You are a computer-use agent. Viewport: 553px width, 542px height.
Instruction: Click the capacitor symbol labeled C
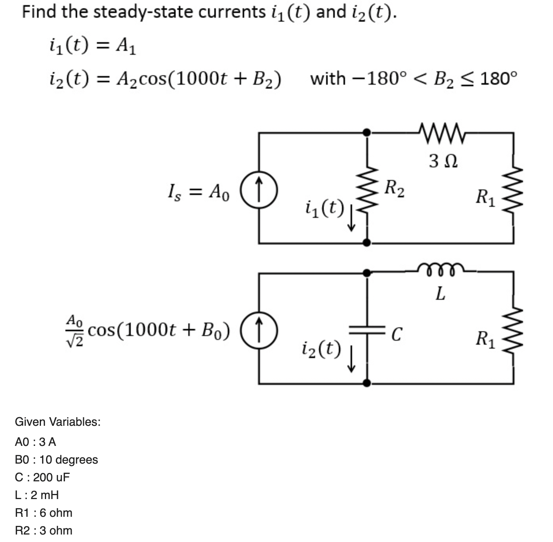point(367,330)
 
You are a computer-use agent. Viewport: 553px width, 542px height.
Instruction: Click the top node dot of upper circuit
point(367,133)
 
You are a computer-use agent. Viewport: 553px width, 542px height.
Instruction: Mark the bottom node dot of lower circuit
point(367,383)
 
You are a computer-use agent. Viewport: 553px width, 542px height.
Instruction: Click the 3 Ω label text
point(443,161)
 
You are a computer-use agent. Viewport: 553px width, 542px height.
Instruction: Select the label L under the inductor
point(440,293)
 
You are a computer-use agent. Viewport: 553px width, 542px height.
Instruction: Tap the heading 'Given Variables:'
point(58,422)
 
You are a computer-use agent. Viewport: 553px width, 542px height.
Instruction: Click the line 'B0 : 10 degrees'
point(56,460)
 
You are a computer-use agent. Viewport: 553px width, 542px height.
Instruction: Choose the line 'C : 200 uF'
point(42,477)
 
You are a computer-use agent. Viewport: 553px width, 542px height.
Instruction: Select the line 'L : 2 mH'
point(37,495)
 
